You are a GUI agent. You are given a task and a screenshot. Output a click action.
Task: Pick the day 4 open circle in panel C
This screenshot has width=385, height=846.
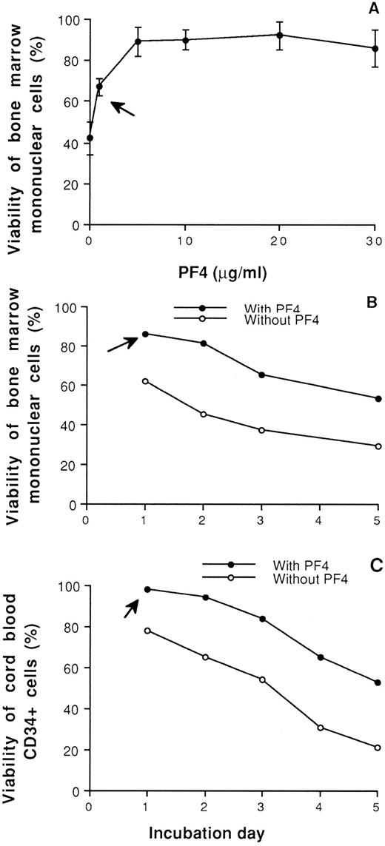[x=320, y=728]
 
